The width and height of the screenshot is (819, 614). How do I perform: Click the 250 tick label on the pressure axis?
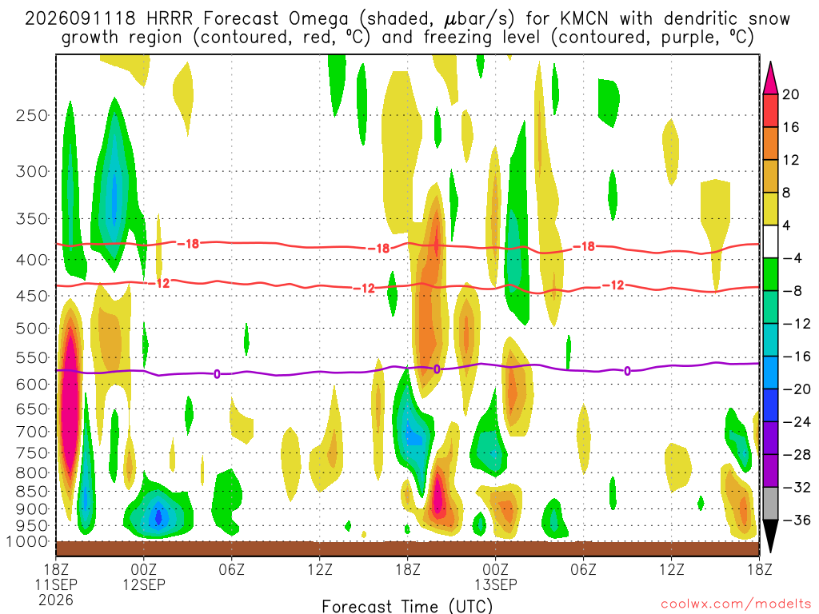tap(32, 115)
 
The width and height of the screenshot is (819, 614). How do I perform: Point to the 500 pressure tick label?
tap(32, 329)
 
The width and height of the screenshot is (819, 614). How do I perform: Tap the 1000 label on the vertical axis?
tap(27, 542)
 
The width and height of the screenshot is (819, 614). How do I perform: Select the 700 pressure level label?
tap(32, 432)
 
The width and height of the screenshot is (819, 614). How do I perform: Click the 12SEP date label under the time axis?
tap(144, 584)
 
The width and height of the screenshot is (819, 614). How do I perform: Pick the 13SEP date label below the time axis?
tap(496, 584)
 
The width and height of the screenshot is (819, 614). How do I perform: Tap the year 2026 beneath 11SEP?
tap(56, 600)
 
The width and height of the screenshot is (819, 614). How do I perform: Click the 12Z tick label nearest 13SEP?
tap(671, 569)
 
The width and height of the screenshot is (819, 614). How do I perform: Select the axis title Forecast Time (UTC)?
tap(407, 606)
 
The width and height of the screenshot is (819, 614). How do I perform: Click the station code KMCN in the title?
tap(584, 19)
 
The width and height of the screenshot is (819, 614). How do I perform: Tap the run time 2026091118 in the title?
tap(80, 19)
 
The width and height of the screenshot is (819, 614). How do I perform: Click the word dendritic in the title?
tap(700, 19)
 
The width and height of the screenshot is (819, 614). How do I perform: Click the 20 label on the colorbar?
tap(790, 94)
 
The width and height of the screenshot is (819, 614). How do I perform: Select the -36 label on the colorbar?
tap(796, 520)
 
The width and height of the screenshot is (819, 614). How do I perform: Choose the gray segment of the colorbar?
tap(770, 504)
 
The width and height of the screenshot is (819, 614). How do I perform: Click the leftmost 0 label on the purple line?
tap(217, 374)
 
